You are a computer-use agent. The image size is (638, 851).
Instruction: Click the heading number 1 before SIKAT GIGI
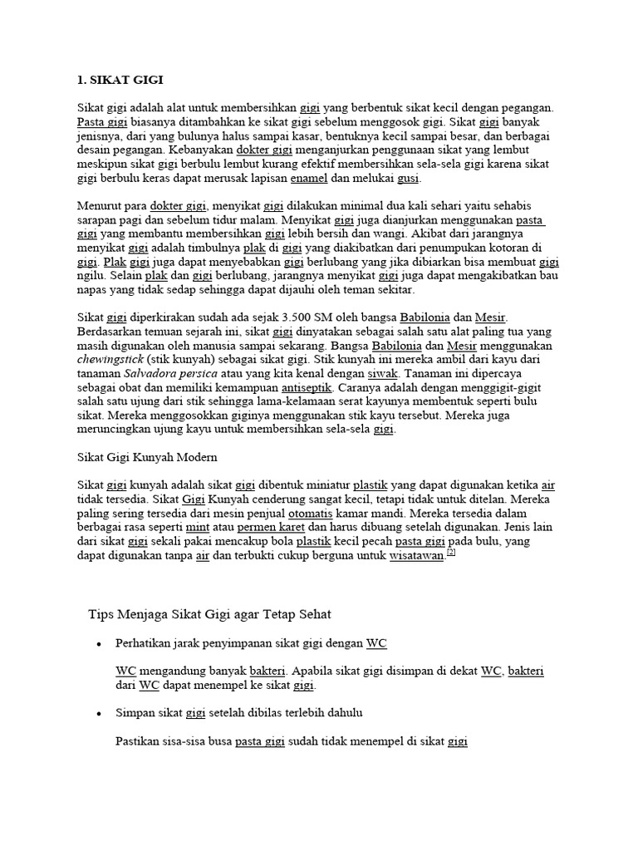tap(81, 81)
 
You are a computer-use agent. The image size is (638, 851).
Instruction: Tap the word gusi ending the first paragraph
tap(408, 178)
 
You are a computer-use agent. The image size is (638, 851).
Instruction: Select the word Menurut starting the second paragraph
tap(99, 205)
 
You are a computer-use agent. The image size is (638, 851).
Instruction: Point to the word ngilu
tap(91, 275)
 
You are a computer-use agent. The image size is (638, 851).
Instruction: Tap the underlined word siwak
tap(382, 373)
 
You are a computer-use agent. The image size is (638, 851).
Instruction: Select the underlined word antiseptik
tap(307, 387)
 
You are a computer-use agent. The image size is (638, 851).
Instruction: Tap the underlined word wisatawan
tap(416, 555)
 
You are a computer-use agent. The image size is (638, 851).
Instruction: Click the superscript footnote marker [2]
tap(452, 552)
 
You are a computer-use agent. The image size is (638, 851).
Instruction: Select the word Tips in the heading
tap(100, 614)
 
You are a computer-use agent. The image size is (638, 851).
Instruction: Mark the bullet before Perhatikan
tap(99, 645)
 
